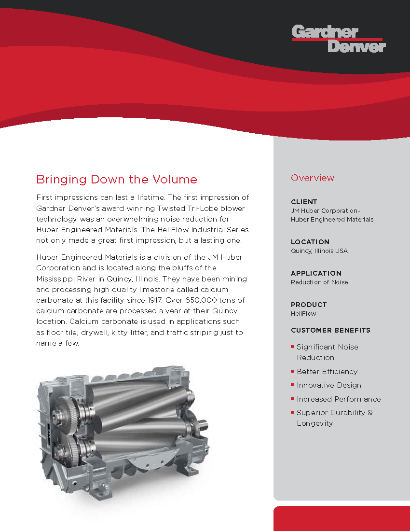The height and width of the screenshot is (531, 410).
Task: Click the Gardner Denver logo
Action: pos(339,39)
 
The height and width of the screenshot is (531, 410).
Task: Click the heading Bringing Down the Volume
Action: pos(117,180)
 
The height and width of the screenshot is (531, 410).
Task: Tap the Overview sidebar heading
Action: pos(313,178)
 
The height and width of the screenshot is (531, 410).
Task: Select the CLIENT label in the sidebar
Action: pos(304,202)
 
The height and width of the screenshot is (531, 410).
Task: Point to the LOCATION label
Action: pos(310,242)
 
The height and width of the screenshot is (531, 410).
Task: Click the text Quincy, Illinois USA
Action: pos(319,251)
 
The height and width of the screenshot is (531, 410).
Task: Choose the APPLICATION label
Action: pos(316,273)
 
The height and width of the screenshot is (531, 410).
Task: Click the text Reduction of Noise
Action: pos(319,282)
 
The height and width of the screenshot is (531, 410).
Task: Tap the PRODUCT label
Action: pos(309,305)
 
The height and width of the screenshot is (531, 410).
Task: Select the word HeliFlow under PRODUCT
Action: pos(303,314)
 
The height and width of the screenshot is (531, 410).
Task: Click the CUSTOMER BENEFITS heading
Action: pos(330,331)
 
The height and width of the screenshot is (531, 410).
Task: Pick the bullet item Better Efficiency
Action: pos(327,372)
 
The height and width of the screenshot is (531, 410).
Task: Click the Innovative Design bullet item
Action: pos(329,385)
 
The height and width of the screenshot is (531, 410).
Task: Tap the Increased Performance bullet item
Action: pos(339,399)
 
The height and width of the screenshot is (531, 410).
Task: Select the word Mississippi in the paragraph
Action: pos(59,279)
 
